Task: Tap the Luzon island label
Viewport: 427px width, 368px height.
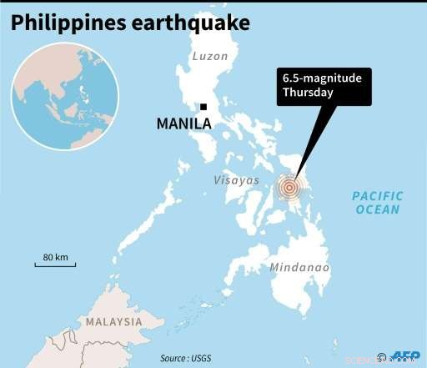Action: tap(209, 58)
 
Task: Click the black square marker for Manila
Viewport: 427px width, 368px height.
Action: tap(203, 106)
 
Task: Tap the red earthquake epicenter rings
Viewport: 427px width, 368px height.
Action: tap(289, 189)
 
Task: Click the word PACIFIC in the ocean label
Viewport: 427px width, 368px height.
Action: tap(377, 197)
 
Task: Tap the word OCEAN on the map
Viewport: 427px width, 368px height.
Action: tap(378, 209)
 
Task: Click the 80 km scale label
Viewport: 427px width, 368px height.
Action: tap(55, 256)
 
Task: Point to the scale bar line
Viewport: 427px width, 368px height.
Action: tap(55, 265)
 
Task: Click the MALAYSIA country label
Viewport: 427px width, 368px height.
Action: tap(113, 321)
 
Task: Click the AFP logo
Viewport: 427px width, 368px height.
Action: tap(404, 356)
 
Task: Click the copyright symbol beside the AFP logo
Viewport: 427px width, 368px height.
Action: tap(382, 356)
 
